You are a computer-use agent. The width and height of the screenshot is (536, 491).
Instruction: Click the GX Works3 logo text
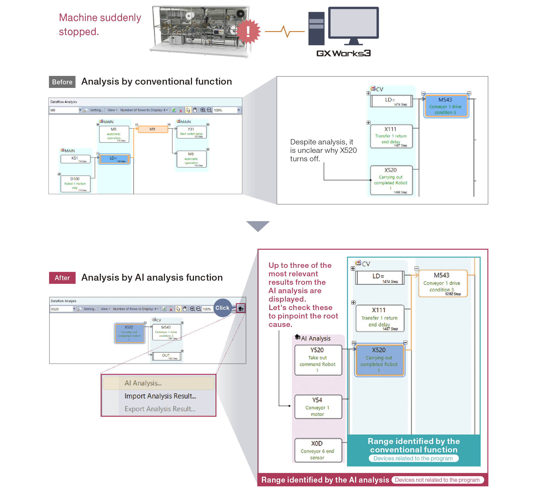pos(343,53)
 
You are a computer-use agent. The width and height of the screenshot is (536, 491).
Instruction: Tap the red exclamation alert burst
pos(248,31)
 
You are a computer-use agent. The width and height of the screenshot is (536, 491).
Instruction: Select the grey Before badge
pos(62,82)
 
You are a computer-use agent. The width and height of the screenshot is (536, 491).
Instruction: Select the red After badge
pos(62,278)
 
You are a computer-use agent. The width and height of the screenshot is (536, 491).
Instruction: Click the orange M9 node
pos(153,129)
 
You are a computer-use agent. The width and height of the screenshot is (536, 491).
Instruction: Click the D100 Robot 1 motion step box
pos(76,184)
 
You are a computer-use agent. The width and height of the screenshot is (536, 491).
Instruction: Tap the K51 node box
pos(76,159)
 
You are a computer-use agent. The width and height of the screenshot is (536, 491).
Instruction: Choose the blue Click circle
pos(222,308)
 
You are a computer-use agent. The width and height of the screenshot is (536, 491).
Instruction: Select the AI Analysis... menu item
pos(159,383)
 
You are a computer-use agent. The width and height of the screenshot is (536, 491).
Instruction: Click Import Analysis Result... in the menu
pos(160,396)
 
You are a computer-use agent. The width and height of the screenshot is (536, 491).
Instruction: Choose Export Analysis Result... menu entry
pos(160,409)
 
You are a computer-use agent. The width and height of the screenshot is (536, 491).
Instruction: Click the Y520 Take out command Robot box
pos(318,360)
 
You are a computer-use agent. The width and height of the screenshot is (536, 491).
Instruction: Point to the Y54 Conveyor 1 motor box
pos(318,407)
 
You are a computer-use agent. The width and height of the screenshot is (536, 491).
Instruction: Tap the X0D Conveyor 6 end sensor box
pos(318,450)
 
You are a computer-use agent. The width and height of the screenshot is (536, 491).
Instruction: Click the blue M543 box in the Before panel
pos(446,106)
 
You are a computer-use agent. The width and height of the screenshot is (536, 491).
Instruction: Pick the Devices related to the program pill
pos(413,458)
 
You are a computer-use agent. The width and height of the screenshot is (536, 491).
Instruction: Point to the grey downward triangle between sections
pos(258,226)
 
